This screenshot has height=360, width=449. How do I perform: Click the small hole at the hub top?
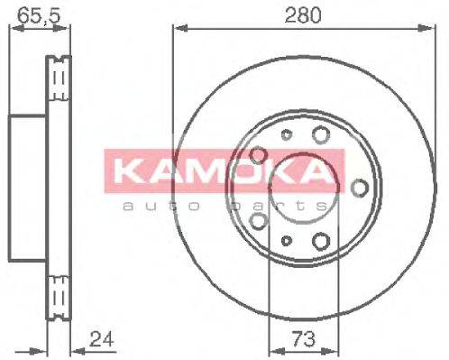tap(287, 136)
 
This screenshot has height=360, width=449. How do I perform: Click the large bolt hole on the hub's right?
tap(360, 187)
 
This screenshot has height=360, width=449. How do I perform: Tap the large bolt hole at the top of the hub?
tap(321, 136)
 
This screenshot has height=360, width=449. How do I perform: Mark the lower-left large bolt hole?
tap(258, 220)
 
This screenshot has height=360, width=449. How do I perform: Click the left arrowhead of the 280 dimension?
tap(177, 30)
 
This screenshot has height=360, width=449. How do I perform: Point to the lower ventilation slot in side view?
tap(60, 294)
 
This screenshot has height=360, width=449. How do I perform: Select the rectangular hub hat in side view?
tap(27, 187)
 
